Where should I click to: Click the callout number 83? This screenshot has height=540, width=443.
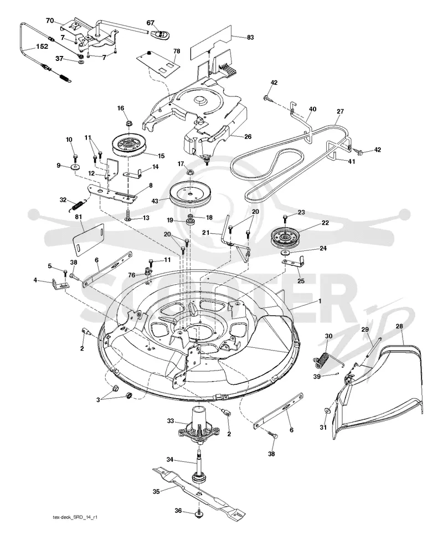pyautogui.click(x=250, y=37)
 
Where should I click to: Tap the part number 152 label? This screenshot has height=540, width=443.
pyautogui.click(x=42, y=46)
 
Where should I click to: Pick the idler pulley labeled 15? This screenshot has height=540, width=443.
pyautogui.click(x=130, y=145)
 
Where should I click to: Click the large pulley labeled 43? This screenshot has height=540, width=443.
pyautogui.click(x=189, y=194)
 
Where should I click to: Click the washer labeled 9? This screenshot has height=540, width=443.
pyautogui.click(x=75, y=168)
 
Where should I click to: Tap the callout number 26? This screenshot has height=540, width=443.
pyautogui.click(x=248, y=137)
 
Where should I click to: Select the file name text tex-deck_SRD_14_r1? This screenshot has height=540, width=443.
pyautogui.click(x=74, y=527)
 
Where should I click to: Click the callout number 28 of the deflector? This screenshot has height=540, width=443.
pyautogui.click(x=399, y=326)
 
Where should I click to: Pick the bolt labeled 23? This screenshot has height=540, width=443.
pyautogui.click(x=285, y=219)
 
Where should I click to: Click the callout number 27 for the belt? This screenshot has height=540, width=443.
pyautogui.click(x=340, y=111)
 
